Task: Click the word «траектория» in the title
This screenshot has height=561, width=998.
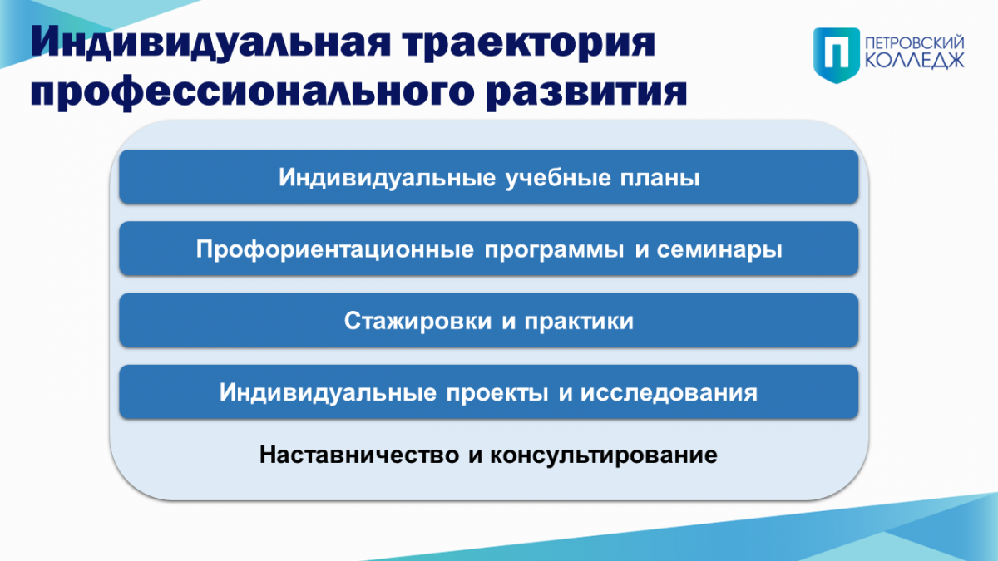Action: pyautogui.click(x=528, y=43)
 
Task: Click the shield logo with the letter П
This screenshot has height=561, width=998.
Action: pyautogui.click(x=837, y=55)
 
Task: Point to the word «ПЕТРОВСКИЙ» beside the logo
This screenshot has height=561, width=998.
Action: pyautogui.click(x=914, y=44)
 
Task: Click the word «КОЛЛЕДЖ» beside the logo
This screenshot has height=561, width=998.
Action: pyautogui.click(x=914, y=61)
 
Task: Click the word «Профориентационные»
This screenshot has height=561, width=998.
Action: pyautogui.click(x=335, y=249)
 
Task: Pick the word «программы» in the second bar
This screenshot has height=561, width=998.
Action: pyautogui.click(x=554, y=250)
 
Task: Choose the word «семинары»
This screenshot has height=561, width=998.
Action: pyautogui.click(x=719, y=250)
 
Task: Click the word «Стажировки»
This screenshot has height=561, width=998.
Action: pyautogui.click(x=417, y=321)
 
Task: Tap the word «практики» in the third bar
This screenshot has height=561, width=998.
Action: pyautogui.click(x=579, y=322)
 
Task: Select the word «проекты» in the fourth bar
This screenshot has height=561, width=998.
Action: pyautogui.click(x=497, y=393)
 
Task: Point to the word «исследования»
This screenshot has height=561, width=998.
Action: pyautogui.click(x=669, y=393)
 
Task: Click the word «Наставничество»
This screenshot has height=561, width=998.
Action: pyautogui.click(x=359, y=455)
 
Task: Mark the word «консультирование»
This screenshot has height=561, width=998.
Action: pyautogui.click(x=604, y=455)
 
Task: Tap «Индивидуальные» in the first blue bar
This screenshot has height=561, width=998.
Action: pyautogui.click(x=388, y=178)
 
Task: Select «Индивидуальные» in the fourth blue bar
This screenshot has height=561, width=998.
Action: pyautogui.click(x=328, y=393)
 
